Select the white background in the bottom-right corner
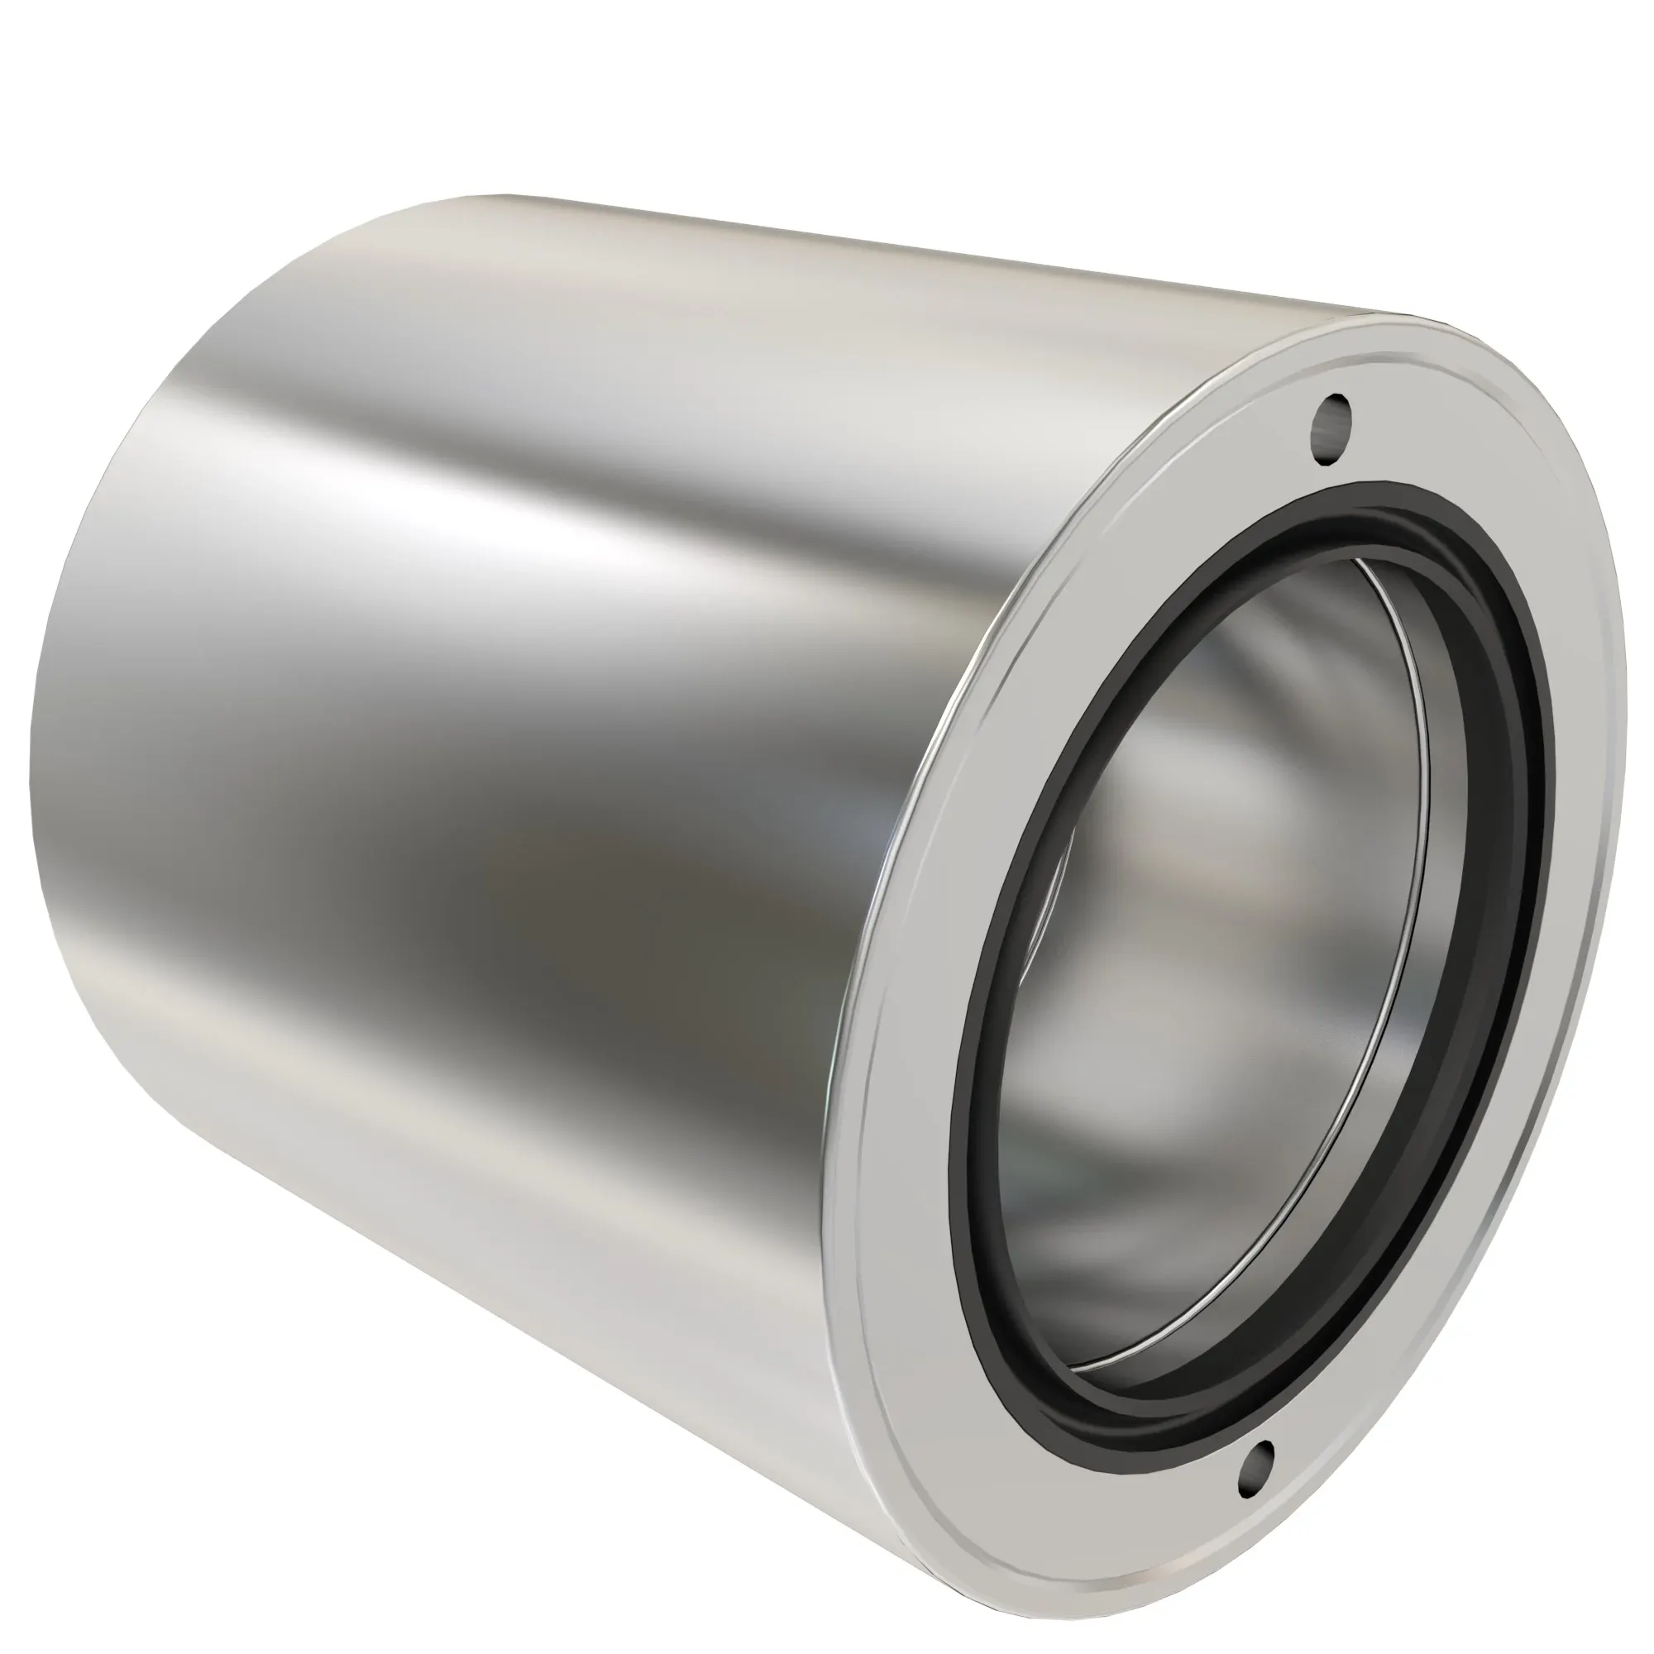(1584, 1584)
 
